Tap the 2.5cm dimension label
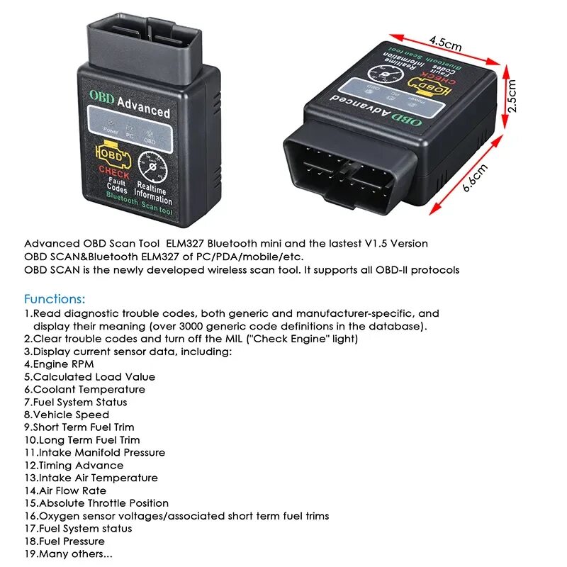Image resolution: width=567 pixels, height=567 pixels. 512,95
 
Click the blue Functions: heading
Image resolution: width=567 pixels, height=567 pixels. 55,298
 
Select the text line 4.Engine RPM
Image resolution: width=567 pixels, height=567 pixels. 59,364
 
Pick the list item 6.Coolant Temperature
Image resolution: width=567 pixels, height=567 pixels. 84,389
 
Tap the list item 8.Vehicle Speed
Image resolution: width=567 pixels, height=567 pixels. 67,415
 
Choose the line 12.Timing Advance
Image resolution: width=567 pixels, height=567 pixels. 74,466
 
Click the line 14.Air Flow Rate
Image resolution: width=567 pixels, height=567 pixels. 65,490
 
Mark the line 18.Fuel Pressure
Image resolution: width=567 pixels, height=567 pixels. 65,541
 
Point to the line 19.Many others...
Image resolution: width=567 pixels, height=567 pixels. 68,554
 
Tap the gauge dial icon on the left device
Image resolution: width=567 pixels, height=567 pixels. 151,169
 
